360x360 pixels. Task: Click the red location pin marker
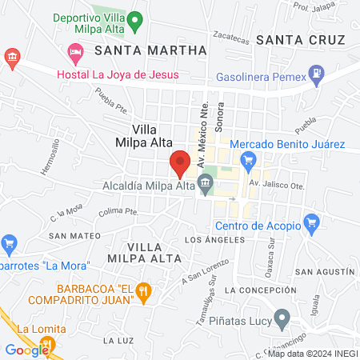click(180, 163)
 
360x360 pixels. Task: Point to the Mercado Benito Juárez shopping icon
click(248, 160)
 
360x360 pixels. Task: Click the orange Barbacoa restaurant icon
click(143, 290)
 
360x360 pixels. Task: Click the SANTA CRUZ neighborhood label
click(300, 39)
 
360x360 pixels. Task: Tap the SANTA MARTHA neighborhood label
click(150, 50)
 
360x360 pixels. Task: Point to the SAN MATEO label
click(74, 236)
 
